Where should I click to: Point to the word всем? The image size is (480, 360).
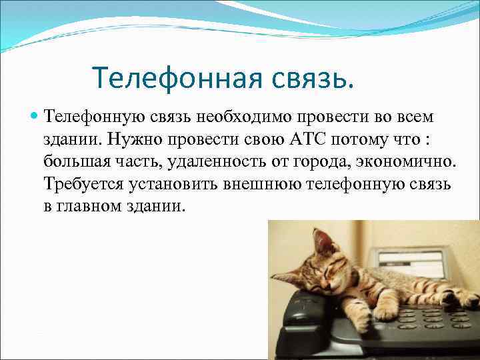tap(413, 117)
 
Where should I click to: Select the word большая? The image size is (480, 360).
tap(77, 161)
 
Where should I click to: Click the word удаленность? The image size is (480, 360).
tap(210, 161)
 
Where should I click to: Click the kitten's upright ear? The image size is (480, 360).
tap(322, 241)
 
